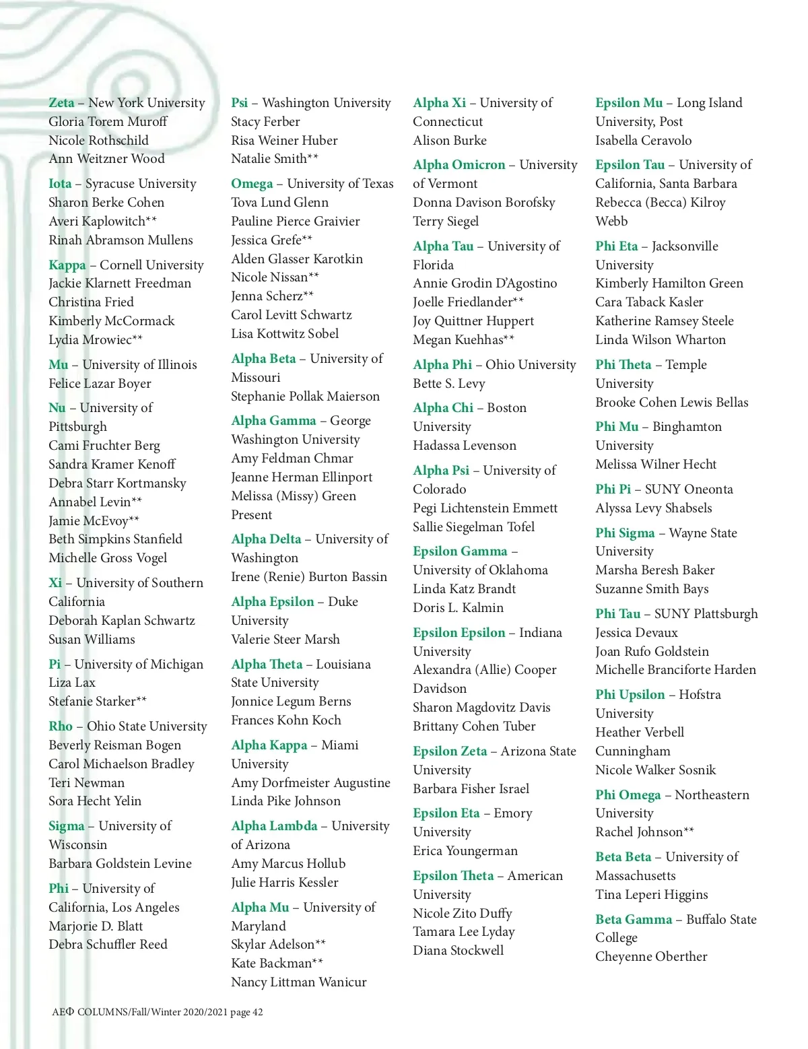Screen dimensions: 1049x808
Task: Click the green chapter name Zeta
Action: point(61,103)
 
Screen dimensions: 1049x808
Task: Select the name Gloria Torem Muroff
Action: point(108,122)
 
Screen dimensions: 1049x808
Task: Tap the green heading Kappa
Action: point(67,265)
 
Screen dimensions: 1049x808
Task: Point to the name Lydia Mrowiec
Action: point(90,340)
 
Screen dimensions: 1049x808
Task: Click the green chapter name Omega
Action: point(252,184)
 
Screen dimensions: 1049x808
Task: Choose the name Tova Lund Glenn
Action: point(279,203)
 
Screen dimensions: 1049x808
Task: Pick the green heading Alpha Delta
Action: point(266,539)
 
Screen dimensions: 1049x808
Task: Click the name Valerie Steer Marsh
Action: point(285,640)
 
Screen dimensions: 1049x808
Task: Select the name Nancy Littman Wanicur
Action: point(298,982)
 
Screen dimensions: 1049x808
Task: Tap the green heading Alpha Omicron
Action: point(459,165)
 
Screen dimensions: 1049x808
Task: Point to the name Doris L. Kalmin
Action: point(458,608)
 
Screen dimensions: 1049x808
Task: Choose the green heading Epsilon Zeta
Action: point(450,751)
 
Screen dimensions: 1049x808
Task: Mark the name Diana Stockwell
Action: point(458,951)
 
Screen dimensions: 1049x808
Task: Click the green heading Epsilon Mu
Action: point(629,103)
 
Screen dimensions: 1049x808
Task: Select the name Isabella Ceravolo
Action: point(643,141)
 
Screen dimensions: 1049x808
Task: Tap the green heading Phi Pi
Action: point(613,489)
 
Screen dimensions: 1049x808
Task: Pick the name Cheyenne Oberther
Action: point(651,957)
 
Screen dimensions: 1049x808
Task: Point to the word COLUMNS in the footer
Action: point(102,1012)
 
